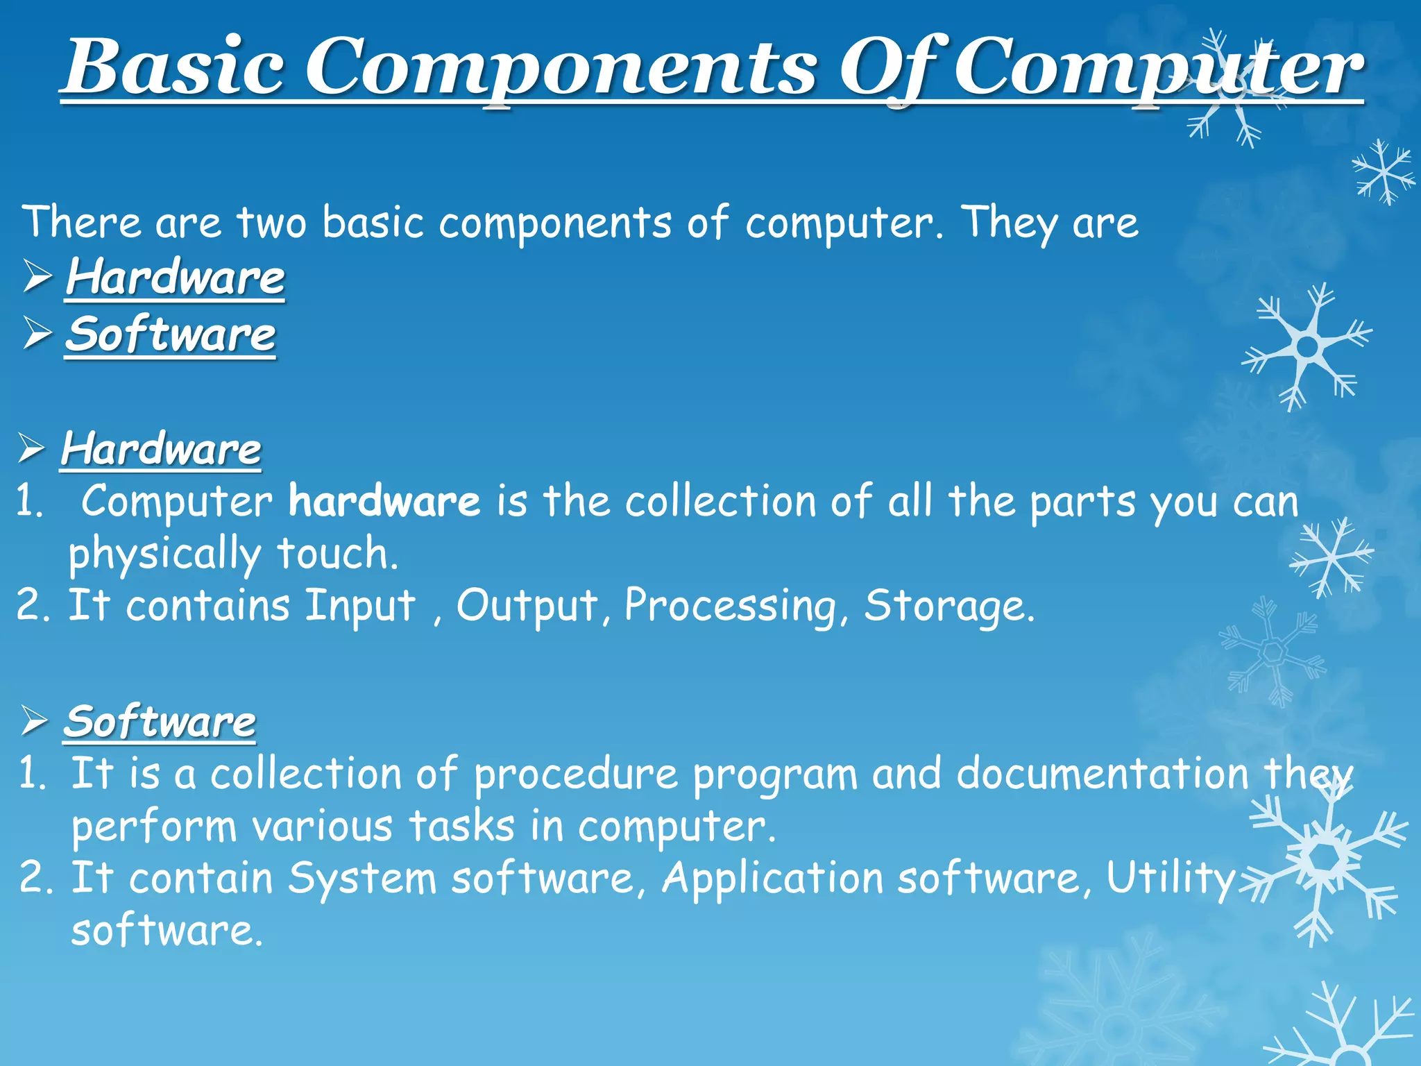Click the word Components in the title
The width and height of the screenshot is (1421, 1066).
pyautogui.click(x=562, y=69)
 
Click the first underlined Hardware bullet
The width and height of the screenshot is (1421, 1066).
pyautogui.click(x=175, y=278)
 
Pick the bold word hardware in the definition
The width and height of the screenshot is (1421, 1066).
pyautogui.click(x=384, y=502)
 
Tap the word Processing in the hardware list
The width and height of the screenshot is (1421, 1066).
pyautogui.click(x=731, y=607)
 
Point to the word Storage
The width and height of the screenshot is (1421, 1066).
pyautogui.click(x=948, y=607)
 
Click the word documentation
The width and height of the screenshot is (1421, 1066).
pyautogui.click(x=1102, y=775)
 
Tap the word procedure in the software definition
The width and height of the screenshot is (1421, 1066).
pyautogui.click(x=575, y=775)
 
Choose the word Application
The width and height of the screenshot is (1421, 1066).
pyautogui.click(x=772, y=879)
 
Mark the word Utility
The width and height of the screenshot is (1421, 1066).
pyautogui.click(x=1171, y=879)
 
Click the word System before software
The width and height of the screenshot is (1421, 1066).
pyautogui.click(x=362, y=879)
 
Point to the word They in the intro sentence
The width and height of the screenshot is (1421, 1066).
pyautogui.click(x=1010, y=223)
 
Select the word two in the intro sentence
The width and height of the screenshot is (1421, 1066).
pyautogui.click(x=271, y=223)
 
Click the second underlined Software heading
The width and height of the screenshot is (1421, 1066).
pyautogui.click(x=160, y=722)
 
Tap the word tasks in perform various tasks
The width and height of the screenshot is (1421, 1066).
pyautogui.click(x=461, y=827)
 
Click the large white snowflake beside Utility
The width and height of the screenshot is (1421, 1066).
pyautogui.click(x=1325, y=861)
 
